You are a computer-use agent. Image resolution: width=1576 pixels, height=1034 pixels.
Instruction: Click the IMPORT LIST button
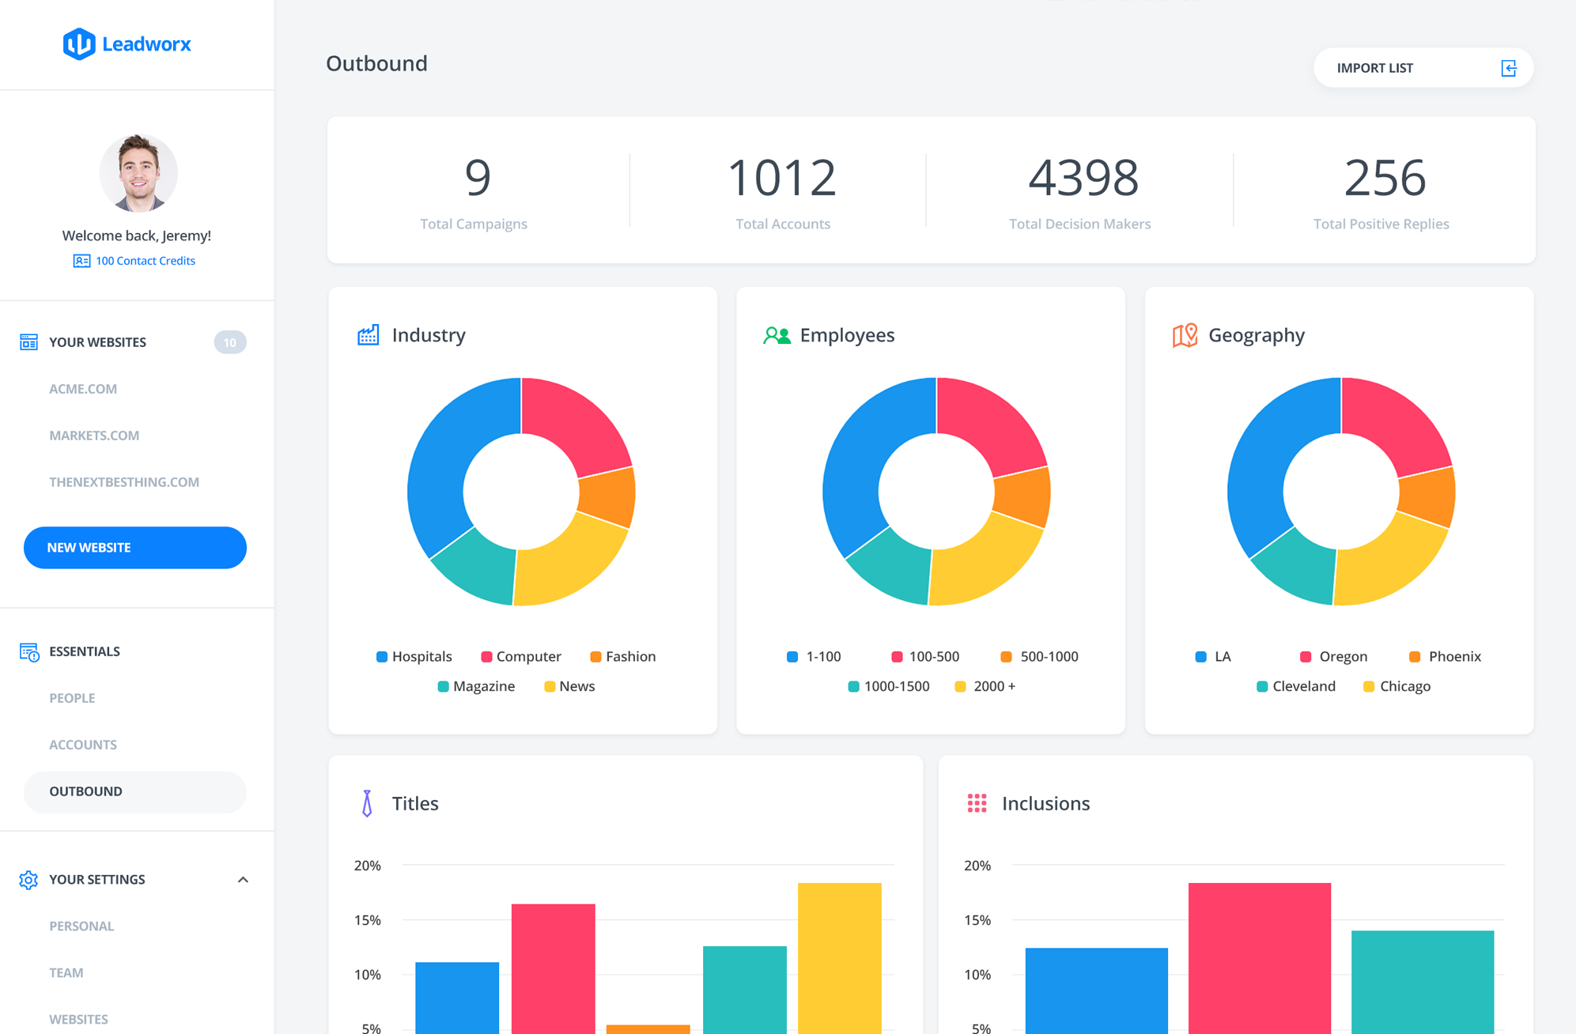click(x=1423, y=68)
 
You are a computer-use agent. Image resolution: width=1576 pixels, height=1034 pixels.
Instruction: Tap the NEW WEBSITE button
click(x=135, y=547)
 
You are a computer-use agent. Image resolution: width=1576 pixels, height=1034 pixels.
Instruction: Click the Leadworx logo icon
click(x=79, y=44)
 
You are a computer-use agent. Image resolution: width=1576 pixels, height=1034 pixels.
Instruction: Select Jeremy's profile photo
click(x=138, y=173)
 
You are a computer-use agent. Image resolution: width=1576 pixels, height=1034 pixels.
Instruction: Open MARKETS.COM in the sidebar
click(x=94, y=436)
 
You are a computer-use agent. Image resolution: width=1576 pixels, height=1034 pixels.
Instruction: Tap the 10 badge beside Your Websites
click(x=230, y=342)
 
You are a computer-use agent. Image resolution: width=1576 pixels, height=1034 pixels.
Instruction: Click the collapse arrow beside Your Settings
click(x=243, y=880)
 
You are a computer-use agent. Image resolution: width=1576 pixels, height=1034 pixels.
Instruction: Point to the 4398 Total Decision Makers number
click(x=1083, y=177)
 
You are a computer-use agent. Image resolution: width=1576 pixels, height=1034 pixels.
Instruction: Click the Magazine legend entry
click(x=476, y=686)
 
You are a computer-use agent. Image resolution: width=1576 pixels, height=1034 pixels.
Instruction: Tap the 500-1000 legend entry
click(x=1039, y=656)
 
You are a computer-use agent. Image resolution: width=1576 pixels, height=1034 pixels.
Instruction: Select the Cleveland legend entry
click(x=1296, y=686)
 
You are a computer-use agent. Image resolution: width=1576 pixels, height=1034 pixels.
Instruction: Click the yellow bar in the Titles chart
click(x=839, y=958)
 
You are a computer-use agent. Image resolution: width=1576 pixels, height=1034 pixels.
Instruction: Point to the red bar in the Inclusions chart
click(x=1259, y=958)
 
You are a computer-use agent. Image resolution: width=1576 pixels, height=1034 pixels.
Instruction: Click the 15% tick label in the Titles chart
click(x=368, y=920)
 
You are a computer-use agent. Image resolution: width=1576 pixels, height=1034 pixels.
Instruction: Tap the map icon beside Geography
click(x=1185, y=335)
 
